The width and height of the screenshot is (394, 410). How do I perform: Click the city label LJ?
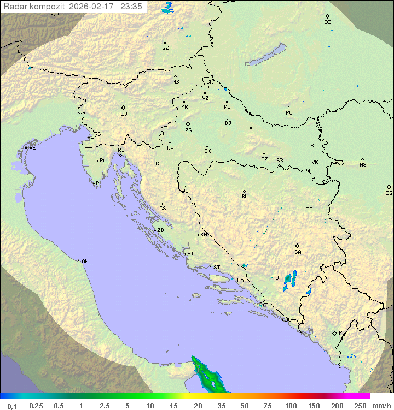pos(124,114)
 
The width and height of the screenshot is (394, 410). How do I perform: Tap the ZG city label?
pos(188,130)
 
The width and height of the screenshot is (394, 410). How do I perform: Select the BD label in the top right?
pos(328,22)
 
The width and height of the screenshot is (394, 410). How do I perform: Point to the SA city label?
pos(298,252)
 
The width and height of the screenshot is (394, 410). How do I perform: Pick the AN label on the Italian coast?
pos(85,262)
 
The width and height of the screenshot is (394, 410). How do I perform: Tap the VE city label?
pos(32,148)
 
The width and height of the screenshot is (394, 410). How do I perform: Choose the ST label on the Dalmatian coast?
pos(217,268)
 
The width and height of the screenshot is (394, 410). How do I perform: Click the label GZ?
pos(165,47)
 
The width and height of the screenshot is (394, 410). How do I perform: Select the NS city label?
pos(363,165)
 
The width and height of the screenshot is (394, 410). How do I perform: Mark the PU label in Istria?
pos(99,183)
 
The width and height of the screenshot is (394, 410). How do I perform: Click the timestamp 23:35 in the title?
pos(132,7)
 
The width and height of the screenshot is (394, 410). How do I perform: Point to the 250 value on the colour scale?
pos(360,406)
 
